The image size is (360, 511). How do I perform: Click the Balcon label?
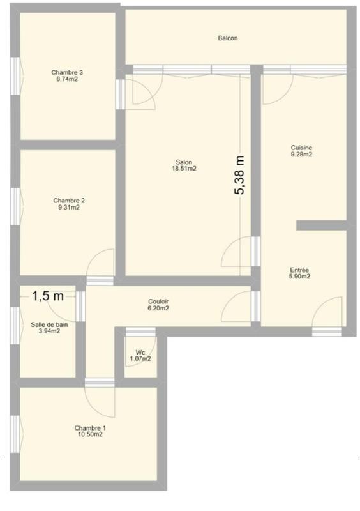click(228, 38)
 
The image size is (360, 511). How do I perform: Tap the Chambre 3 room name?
click(67, 73)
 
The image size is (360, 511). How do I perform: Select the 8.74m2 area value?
click(67, 80)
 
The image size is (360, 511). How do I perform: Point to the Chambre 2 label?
click(69, 201)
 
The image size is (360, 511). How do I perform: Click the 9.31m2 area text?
click(69, 208)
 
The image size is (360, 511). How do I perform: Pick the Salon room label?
click(183, 162)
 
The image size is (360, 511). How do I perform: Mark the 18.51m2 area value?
click(183, 169)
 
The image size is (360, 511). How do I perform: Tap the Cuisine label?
click(301, 147)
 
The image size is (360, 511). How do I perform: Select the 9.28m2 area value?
click(301, 154)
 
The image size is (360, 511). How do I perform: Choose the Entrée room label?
click(299, 270)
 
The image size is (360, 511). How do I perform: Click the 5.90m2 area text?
click(299, 277)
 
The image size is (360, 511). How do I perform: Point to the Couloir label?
click(158, 301)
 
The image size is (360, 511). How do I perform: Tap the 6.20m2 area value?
click(158, 309)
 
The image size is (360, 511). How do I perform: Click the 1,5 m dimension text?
click(48, 296)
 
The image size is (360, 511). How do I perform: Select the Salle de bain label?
click(49, 324)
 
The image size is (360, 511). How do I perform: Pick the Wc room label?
click(140, 352)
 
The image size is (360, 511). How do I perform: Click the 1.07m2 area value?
click(140, 358)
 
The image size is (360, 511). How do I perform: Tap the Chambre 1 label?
click(90, 427)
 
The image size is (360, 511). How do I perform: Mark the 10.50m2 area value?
click(90, 434)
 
